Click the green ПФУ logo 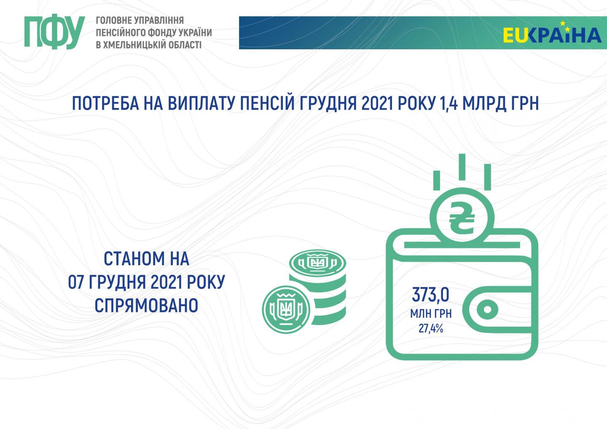point(54,32)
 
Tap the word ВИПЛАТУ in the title point(200,103)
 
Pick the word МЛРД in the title point(484,103)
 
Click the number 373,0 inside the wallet point(431,295)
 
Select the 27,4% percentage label point(431,329)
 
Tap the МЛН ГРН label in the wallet point(431,314)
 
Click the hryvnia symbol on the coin point(462,217)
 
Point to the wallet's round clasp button point(487,309)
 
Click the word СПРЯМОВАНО point(146,305)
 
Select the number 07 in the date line point(75,282)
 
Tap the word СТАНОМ point(134,259)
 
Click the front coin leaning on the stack point(286,310)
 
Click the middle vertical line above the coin point(462,167)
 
